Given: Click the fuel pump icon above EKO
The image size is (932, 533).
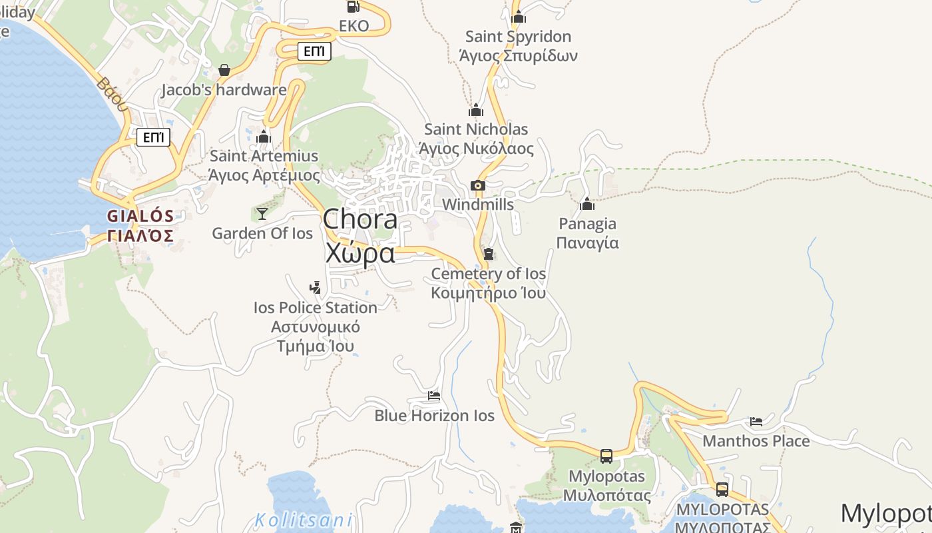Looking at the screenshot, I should coord(353,7).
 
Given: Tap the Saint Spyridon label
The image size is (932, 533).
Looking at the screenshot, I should coord(518,45).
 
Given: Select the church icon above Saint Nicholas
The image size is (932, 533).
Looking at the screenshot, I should coord(476,110).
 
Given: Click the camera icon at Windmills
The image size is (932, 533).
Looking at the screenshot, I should coord(477,186).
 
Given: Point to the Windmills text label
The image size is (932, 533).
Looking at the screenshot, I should coord(478,205).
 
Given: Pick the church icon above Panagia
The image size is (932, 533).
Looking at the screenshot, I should coord(586,204).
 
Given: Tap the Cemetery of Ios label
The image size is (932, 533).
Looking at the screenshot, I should coord(489,283).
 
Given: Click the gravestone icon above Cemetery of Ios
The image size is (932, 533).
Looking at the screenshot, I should coord(489,254).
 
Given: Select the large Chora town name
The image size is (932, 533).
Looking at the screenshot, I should coord(360,236).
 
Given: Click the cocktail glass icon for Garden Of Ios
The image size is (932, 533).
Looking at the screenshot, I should coord(262,213).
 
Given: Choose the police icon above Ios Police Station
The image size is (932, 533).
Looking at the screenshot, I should coord(316,288).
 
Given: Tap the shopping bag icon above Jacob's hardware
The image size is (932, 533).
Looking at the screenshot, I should coord(224,70).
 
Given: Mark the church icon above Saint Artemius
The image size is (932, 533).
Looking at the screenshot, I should coord(264,137).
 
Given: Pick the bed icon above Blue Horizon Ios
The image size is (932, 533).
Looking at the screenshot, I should coord(434,396).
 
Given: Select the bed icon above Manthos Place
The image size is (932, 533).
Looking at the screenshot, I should coord(756,421).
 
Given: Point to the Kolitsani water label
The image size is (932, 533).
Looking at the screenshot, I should coord(304,520).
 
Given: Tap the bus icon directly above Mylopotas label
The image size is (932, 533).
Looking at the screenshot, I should coord(606,456).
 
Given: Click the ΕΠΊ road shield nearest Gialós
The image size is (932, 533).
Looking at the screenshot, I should coord(153,138).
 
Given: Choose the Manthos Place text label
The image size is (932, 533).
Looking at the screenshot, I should coord(756,441).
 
